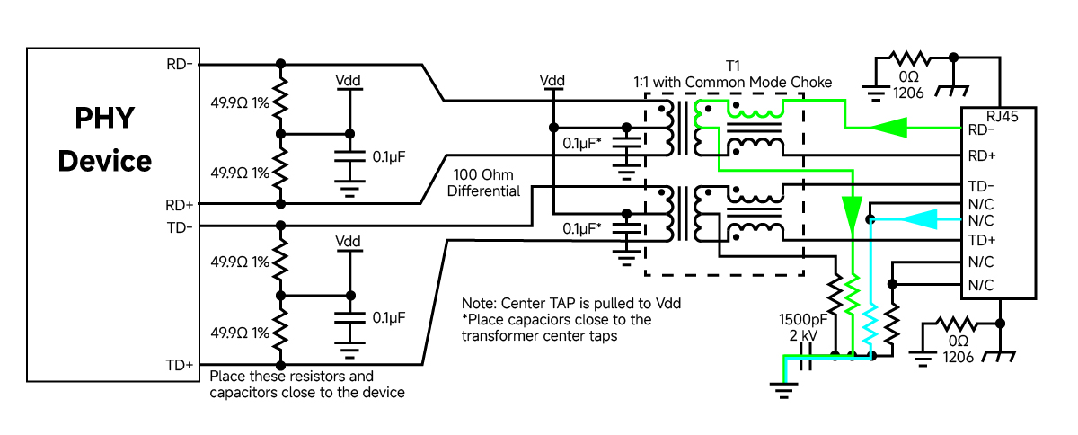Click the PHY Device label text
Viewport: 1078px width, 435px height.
click(x=105, y=139)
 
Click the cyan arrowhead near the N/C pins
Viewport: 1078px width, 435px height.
click(x=918, y=219)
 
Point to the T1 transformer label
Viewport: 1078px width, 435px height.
click(x=732, y=66)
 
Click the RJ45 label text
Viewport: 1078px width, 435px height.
click(x=1003, y=116)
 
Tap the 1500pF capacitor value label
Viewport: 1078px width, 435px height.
click(x=803, y=319)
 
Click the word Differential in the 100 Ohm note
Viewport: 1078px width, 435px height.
click(x=483, y=191)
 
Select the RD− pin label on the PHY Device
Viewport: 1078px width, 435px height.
click(x=180, y=64)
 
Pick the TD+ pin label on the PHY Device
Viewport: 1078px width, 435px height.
click(x=180, y=365)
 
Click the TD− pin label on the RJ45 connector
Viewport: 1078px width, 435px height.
click(x=981, y=186)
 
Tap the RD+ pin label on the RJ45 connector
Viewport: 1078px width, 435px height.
click(x=982, y=155)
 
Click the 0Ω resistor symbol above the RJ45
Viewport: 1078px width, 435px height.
click(x=909, y=58)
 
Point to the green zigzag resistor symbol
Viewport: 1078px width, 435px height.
click(x=853, y=294)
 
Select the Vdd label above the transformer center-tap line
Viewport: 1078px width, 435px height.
click(x=552, y=80)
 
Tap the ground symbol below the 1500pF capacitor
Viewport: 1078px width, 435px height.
click(x=783, y=390)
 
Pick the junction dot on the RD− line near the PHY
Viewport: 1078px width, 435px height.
click(x=280, y=64)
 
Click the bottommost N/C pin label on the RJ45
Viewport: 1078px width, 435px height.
click(x=981, y=285)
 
